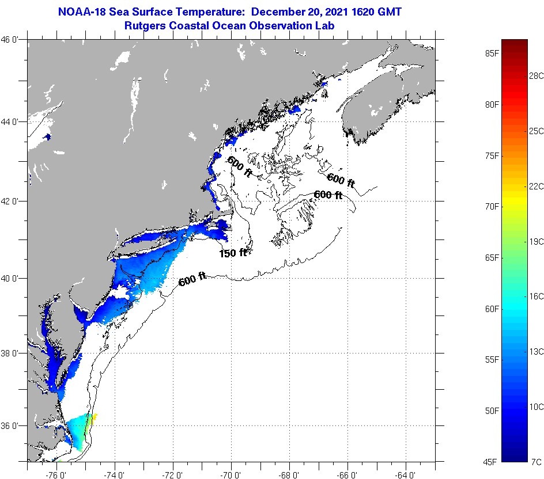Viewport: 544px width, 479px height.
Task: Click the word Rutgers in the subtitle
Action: point(144,25)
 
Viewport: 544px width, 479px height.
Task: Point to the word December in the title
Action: point(279,12)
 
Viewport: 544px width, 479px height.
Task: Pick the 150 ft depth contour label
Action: point(233,253)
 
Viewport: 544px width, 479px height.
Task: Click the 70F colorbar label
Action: point(492,206)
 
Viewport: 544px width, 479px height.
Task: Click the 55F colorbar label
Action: point(492,359)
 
